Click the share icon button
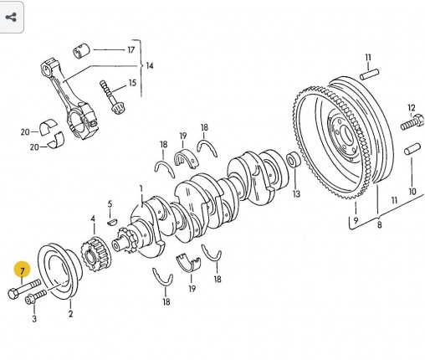(11, 18)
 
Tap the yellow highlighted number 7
(23, 270)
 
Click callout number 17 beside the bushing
(131, 50)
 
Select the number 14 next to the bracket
(150, 66)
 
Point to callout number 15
(132, 83)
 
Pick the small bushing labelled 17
(81, 51)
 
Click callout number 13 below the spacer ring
(296, 193)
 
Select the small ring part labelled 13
(293, 159)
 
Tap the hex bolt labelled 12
(412, 122)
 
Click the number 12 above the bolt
(412, 108)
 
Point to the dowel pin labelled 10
(412, 148)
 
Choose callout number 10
(412, 192)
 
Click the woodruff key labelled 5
(112, 222)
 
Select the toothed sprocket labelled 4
(95, 254)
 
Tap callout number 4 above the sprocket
(93, 219)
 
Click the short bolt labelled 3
(36, 296)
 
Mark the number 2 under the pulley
(70, 314)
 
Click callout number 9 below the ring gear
(356, 220)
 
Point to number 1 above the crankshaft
(141, 189)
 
